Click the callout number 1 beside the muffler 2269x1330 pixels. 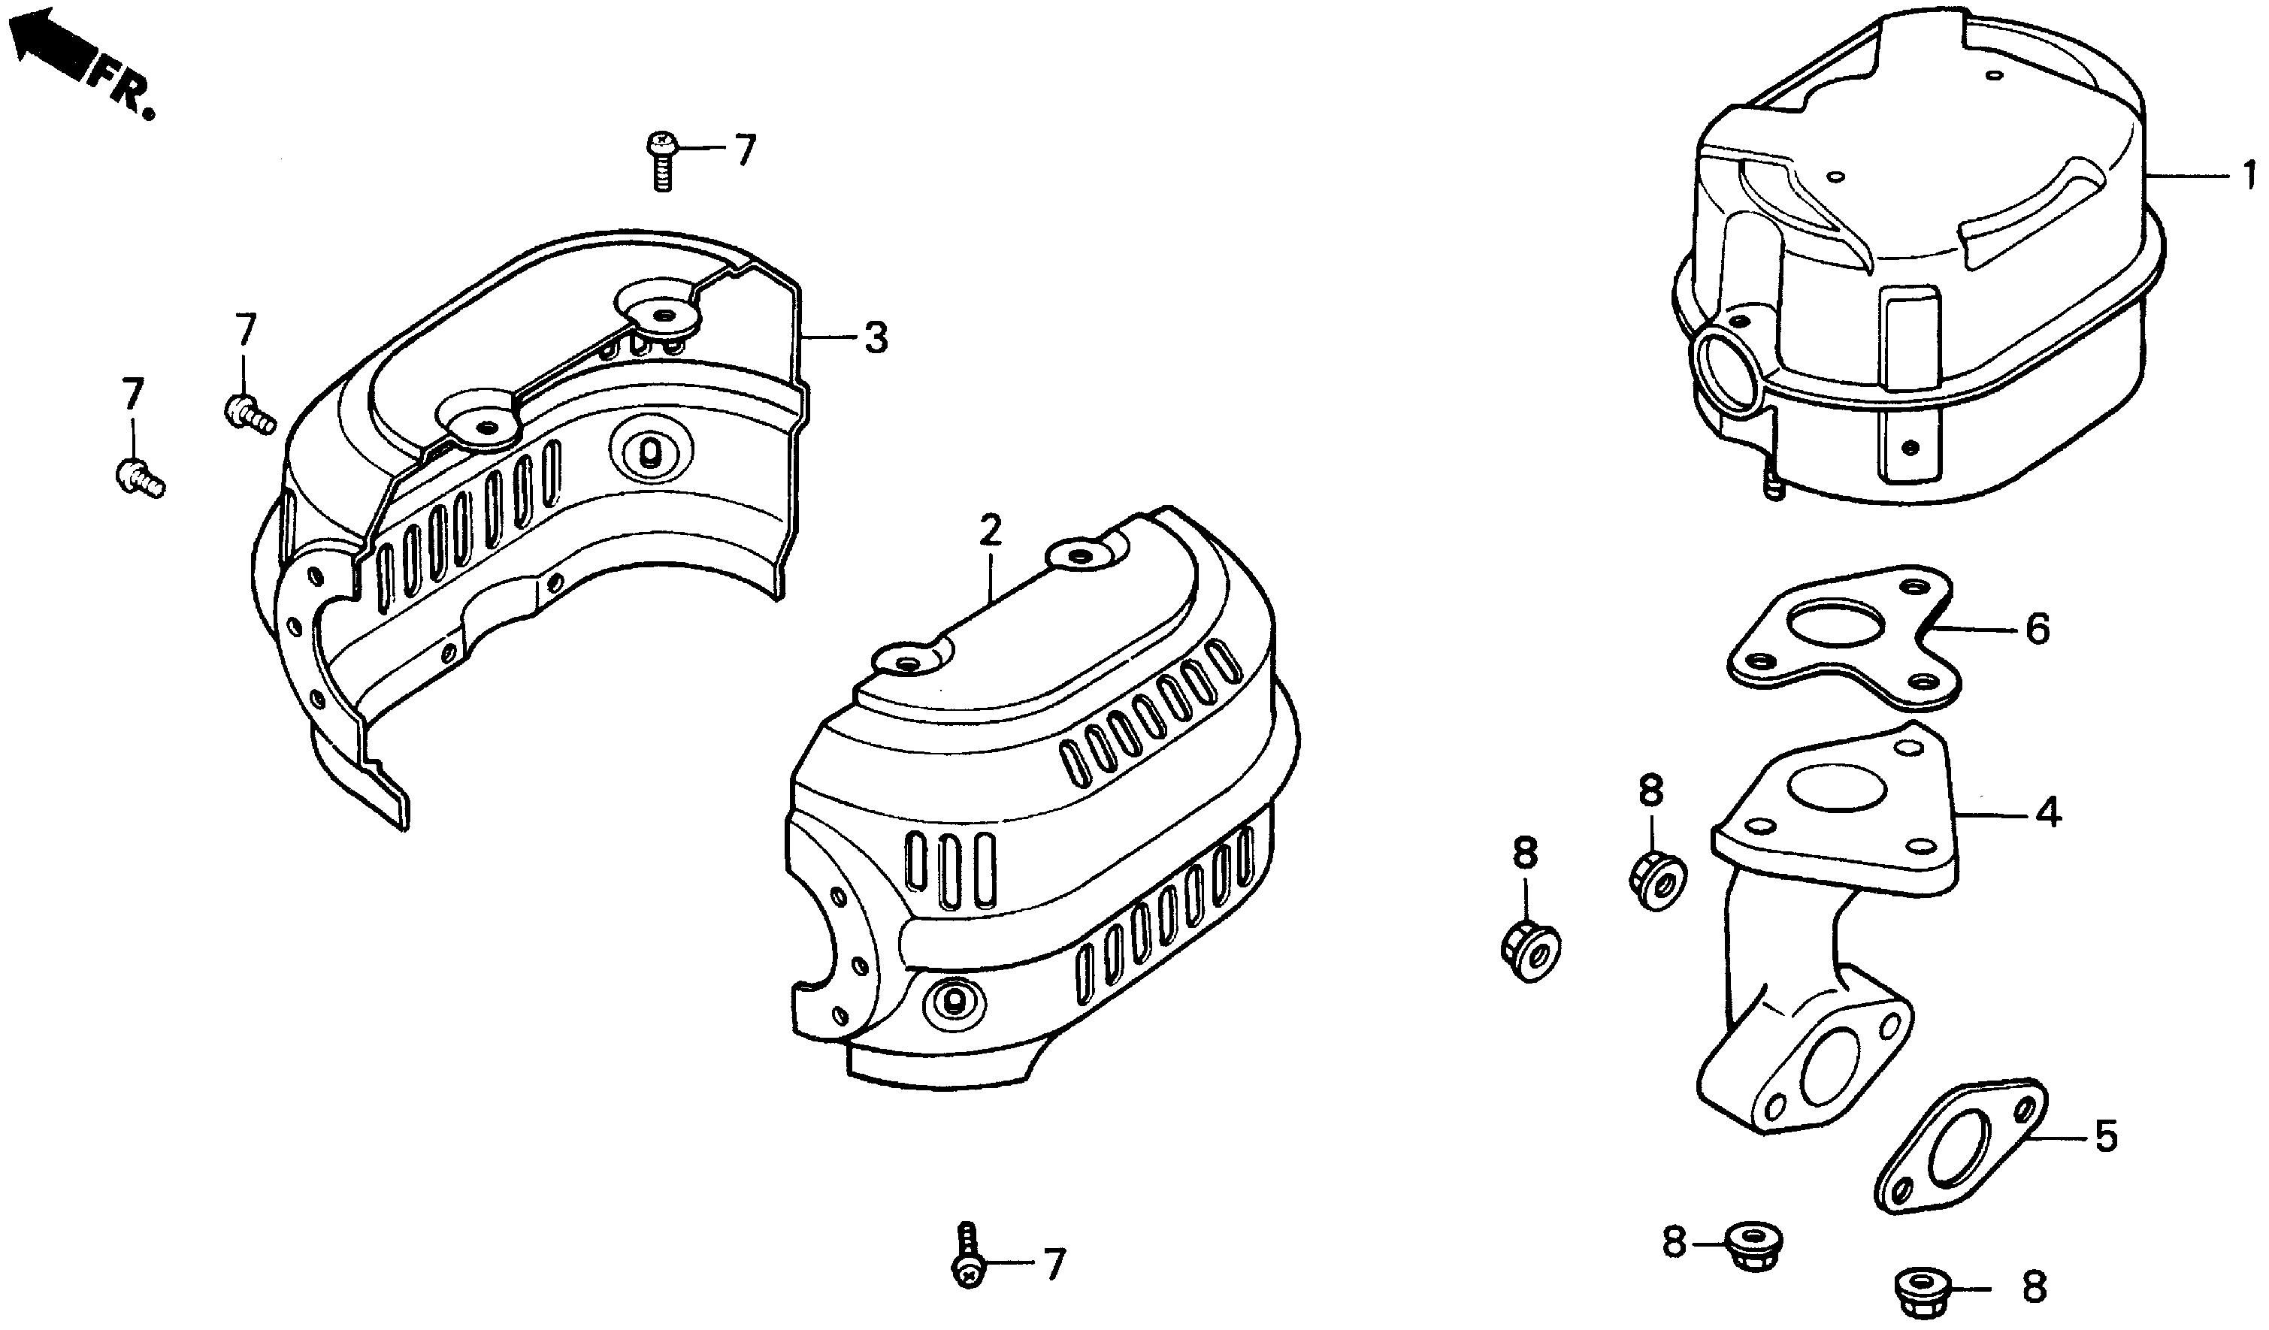[x=2247, y=174]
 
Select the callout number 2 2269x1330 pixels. [x=990, y=532]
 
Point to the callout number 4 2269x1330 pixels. [x=2047, y=813]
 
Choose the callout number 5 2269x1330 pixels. [x=2106, y=1138]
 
